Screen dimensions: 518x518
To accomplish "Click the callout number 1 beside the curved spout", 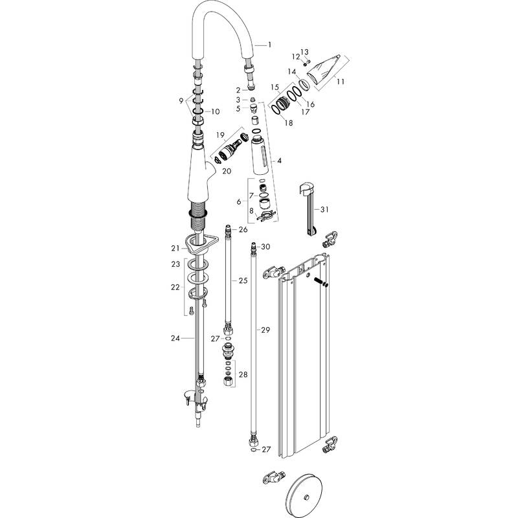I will (269, 44).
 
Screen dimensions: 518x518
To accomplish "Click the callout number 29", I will (265, 330).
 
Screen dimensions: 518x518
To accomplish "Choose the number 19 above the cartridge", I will (220, 135).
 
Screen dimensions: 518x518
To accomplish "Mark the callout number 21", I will (175, 248).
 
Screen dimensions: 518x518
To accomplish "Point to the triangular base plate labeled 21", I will (197, 244).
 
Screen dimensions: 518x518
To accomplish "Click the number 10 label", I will (216, 111).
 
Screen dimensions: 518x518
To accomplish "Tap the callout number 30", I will (265, 247).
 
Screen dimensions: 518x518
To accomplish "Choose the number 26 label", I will (243, 229).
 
